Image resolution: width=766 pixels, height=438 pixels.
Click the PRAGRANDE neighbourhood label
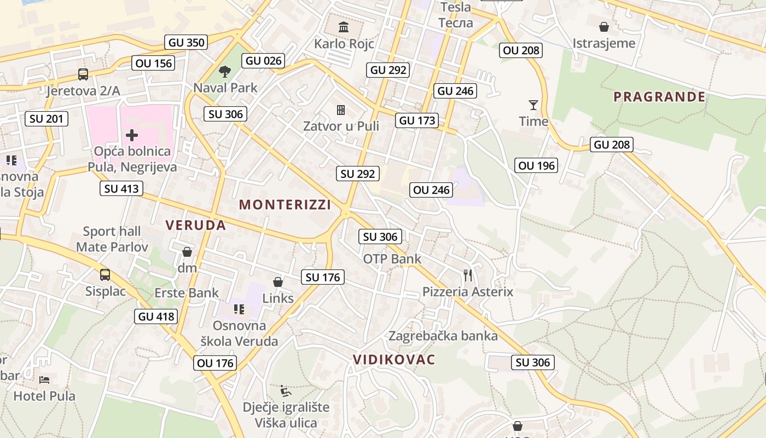pos(659,97)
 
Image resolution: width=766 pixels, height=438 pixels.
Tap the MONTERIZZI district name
pos(285,205)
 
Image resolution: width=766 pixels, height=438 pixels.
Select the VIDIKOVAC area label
pos(394,360)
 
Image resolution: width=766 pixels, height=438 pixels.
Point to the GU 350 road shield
pos(186,42)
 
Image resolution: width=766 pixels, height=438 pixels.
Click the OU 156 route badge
pos(154,64)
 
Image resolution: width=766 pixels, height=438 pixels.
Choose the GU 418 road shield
pos(156,316)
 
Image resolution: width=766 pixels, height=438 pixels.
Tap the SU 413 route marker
pos(121,189)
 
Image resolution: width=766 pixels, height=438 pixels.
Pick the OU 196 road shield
pos(536,165)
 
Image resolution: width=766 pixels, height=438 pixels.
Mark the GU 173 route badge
pos(417,120)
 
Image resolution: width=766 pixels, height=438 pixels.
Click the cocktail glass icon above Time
pos(533,105)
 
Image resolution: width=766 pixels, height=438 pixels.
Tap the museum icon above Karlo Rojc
pos(344,27)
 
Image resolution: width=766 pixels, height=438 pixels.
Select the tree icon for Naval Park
pos(224,71)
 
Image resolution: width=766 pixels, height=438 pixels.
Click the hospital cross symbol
pos(132,135)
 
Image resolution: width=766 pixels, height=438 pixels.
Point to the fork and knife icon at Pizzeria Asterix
pos(467,275)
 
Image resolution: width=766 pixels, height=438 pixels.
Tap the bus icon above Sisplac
pos(105,274)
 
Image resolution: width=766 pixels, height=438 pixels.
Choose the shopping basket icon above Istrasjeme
pos(603,27)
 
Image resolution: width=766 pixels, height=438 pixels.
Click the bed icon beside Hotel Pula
pos(44,379)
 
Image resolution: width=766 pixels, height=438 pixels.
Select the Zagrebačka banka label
pos(443,336)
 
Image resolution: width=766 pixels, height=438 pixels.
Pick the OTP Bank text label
pos(392,258)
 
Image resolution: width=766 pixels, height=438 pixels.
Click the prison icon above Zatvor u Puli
pos(341,110)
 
